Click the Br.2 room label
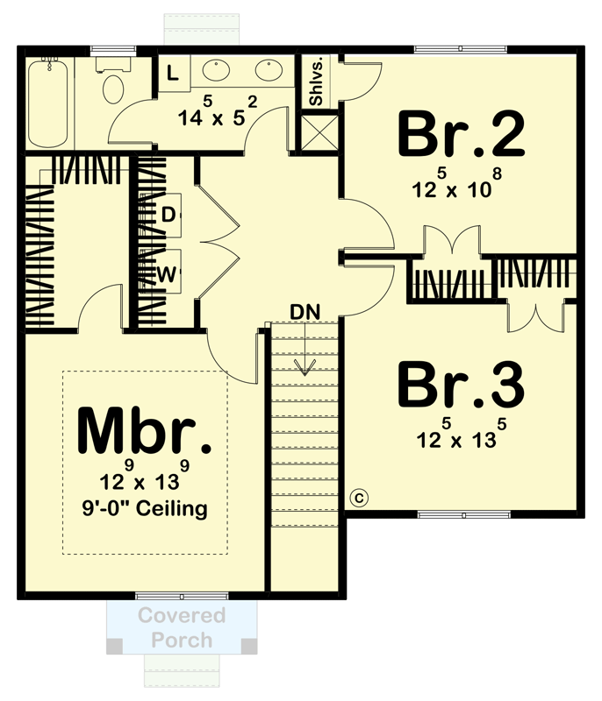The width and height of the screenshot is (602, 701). (x=462, y=134)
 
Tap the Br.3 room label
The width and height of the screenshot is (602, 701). (x=462, y=383)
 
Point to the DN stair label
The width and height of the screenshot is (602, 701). (x=305, y=311)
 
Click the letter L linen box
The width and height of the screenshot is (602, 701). (x=173, y=74)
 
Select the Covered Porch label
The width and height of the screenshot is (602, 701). (x=182, y=627)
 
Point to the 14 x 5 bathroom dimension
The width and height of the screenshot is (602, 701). (x=215, y=114)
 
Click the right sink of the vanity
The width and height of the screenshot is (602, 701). (x=269, y=69)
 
